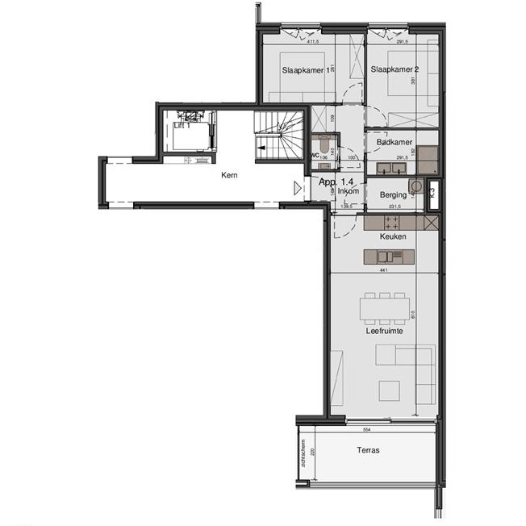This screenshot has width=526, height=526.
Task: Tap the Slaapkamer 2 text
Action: point(394,70)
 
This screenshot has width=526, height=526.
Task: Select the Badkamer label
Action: point(394,142)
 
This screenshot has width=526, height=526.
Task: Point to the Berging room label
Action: point(392,195)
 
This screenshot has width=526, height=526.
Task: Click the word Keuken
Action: point(393,236)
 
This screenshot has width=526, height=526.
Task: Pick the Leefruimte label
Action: point(383,329)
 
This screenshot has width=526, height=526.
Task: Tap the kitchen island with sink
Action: point(389,257)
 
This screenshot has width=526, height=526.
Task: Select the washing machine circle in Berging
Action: point(416,186)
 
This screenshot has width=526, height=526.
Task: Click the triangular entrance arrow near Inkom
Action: point(298,188)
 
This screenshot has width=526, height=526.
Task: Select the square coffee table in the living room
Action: point(389,389)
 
